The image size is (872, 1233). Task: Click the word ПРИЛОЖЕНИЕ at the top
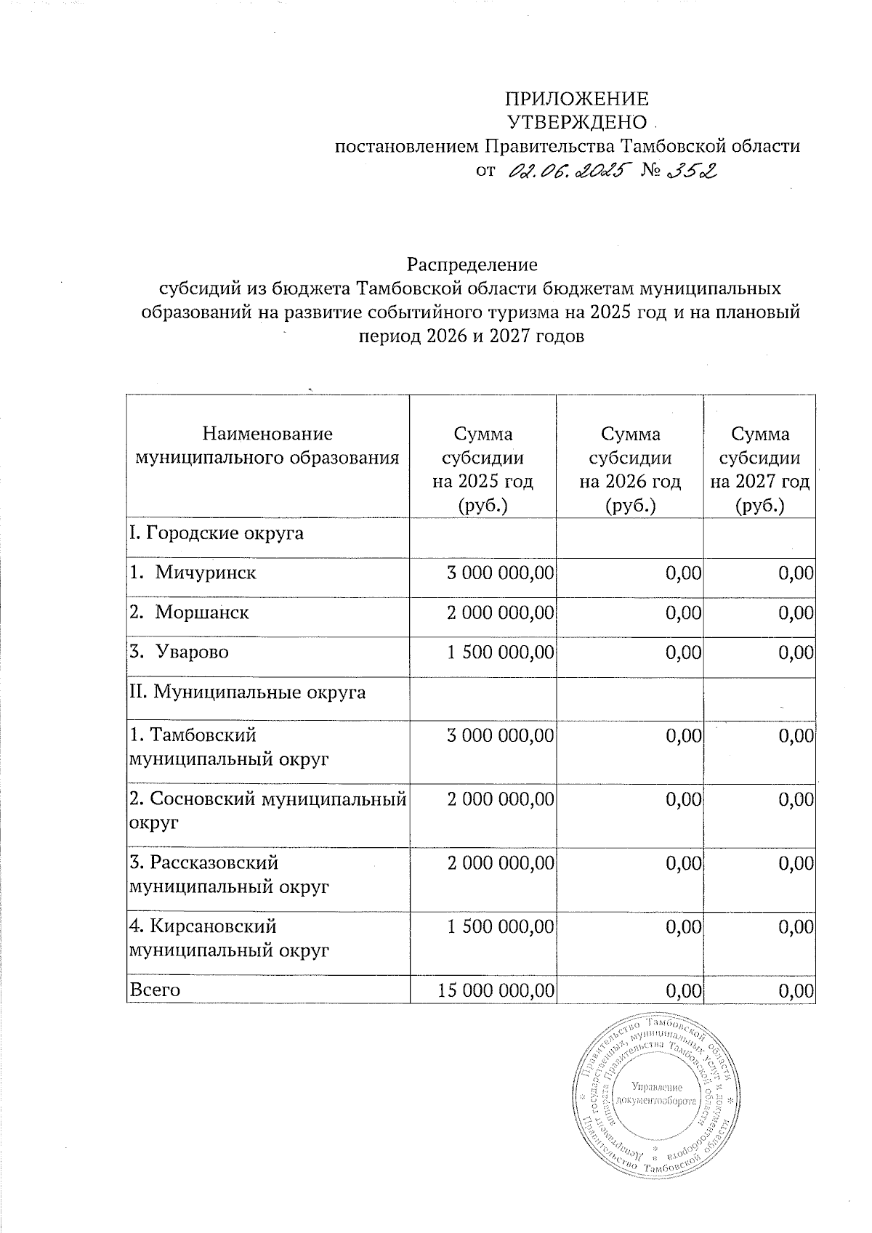(x=576, y=100)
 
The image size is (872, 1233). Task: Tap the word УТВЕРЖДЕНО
(x=576, y=122)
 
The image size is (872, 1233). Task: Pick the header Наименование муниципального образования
(x=267, y=445)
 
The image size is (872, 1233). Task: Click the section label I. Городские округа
(x=216, y=534)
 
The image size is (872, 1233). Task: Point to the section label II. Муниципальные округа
(x=247, y=692)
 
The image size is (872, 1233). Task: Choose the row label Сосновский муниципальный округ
(x=267, y=811)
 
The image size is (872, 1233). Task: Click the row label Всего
(x=155, y=990)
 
